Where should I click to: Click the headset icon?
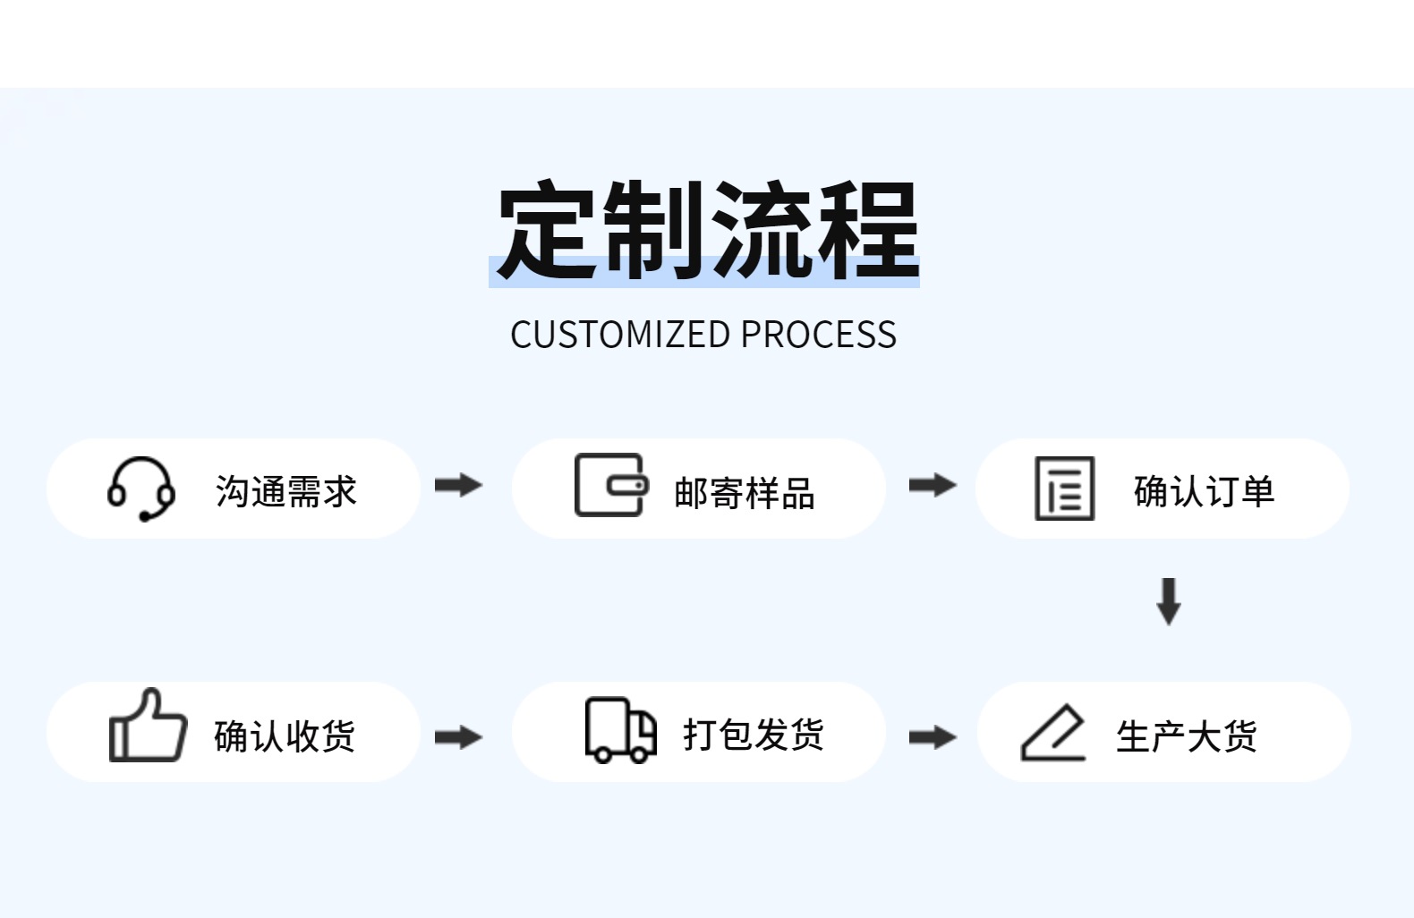(141, 489)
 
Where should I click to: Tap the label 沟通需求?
(286, 491)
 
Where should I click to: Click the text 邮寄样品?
(745, 493)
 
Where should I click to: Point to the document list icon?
(1064, 489)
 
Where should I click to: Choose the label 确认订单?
(1204, 491)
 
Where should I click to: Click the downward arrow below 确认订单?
(1169, 600)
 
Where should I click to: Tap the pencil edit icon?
(1053, 733)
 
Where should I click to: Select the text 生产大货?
(1187, 736)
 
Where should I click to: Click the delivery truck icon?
(620, 730)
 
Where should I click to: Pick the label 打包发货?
(754, 735)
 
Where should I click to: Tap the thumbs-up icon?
(147, 727)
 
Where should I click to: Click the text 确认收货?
(285, 736)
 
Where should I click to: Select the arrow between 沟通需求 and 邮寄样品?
(458, 486)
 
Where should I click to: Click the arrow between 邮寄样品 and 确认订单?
(933, 486)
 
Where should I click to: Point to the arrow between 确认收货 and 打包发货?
(458, 738)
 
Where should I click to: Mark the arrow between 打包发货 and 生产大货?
(933, 738)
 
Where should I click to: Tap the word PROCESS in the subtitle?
(818, 335)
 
